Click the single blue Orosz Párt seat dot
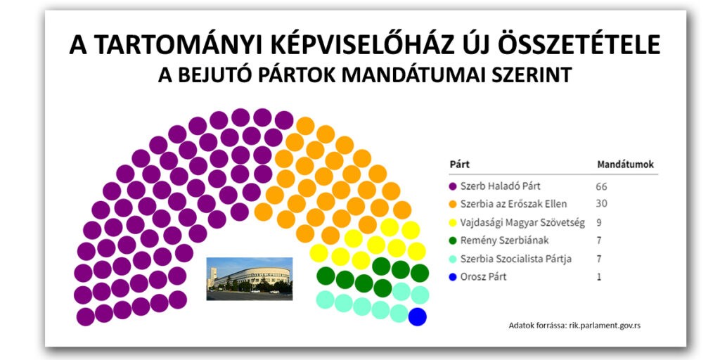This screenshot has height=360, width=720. pos(418,316)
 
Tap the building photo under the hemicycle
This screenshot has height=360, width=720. pos(249,278)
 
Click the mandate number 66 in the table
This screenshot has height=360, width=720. pos(601,186)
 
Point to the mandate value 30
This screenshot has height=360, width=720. pos(601,204)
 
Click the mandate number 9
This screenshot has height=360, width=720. pos(598,222)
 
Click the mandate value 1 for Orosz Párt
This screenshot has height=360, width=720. pos(598,277)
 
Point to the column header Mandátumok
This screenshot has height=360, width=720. pos(625,165)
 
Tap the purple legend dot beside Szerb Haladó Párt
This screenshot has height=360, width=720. pos(453,186)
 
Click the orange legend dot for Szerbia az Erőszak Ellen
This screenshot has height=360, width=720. pos(453,205)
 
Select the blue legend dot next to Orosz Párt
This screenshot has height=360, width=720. pos(453,277)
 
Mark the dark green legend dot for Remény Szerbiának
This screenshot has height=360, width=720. pos(453,240)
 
